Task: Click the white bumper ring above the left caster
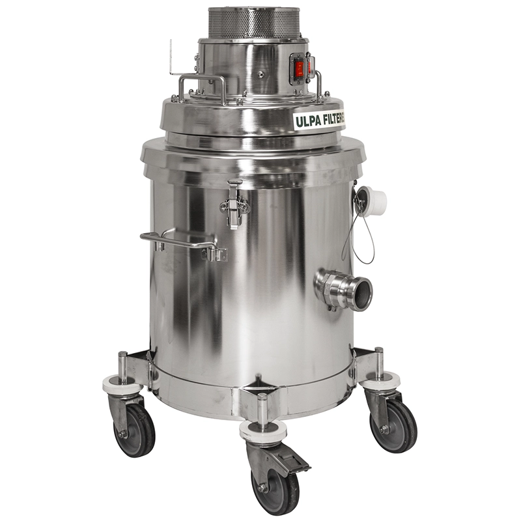pos(123,385)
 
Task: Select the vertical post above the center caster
pos(262,408)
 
